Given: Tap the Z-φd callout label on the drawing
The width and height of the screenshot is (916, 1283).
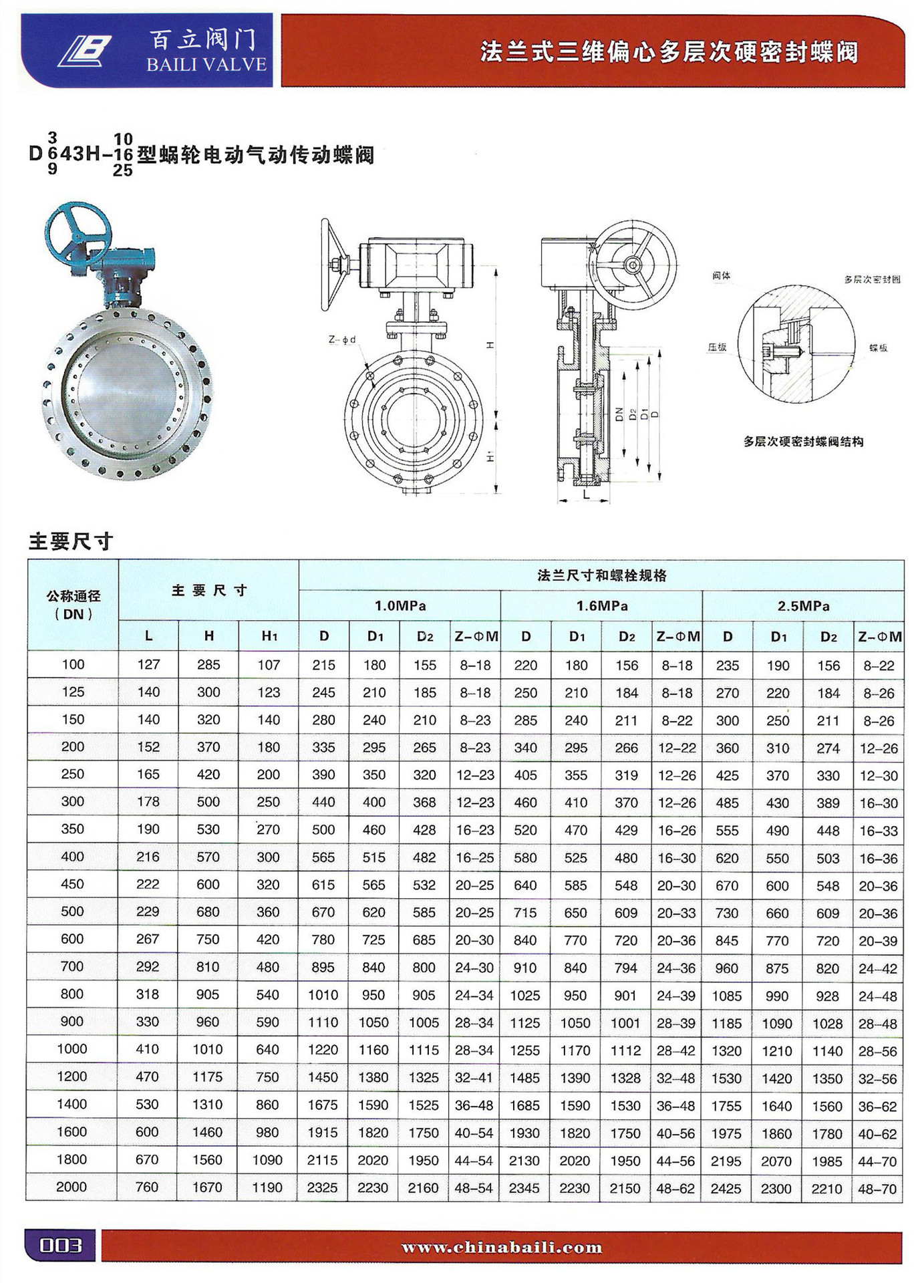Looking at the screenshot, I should click(x=341, y=339).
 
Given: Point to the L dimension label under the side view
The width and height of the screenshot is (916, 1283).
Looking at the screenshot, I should click(x=586, y=494).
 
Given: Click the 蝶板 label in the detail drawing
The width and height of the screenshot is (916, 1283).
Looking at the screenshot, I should click(x=878, y=347).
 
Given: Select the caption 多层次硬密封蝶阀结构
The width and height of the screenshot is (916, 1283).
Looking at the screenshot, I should click(x=803, y=442).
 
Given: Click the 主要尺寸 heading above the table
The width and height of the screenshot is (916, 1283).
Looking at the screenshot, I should click(x=70, y=541).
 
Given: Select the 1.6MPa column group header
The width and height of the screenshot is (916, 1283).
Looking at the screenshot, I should click(x=601, y=606).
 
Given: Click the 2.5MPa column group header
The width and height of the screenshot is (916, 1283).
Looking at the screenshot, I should click(x=803, y=606).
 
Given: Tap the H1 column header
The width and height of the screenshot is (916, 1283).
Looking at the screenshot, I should click(x=269, y=636).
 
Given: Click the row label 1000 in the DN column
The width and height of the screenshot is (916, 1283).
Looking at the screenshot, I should click(x=72, y=1049).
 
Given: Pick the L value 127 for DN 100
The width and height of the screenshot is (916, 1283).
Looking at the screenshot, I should click(x=148, y=665).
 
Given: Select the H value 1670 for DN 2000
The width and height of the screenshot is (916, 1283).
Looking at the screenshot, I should click(x=208, y=1187).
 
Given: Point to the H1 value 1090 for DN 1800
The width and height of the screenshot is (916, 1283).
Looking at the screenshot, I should click(x=268, y=1160).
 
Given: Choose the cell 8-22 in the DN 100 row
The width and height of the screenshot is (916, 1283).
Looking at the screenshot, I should click(x=878, y=666).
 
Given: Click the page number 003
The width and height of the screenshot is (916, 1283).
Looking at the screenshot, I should click(x=60, y=1246).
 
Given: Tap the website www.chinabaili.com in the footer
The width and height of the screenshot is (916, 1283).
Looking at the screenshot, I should click(x=502, y=1247).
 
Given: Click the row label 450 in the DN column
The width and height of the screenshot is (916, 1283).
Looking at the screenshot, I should click(x=72, y=884).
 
